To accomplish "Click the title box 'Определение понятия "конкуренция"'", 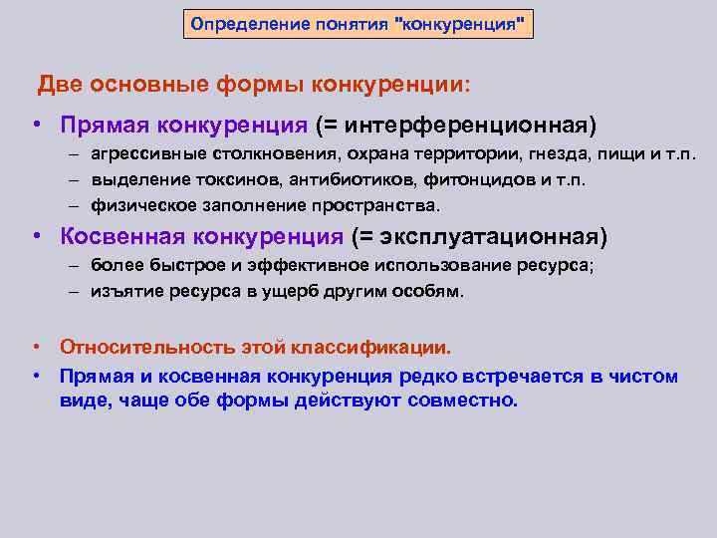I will click(x=358, y=22).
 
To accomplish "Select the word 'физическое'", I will click(x=138, y=205).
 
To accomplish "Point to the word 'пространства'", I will click(x=373, y=205).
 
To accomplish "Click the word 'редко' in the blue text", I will click(x=429, y=377).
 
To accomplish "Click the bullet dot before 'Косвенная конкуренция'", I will click(x=36, y=237).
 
